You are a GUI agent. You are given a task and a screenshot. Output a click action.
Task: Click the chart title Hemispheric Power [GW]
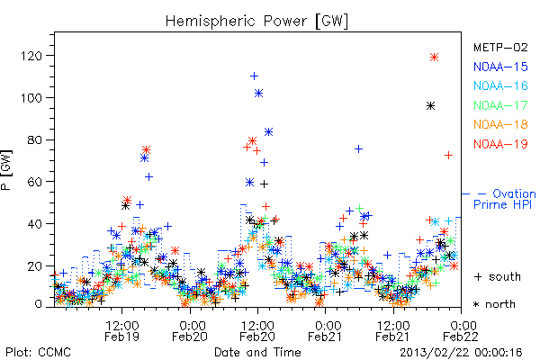click(x=256, y=22)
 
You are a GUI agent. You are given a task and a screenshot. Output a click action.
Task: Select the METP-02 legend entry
click(x=500, y=47)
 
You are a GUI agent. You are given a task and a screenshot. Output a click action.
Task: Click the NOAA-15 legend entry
click(x=500, y=67)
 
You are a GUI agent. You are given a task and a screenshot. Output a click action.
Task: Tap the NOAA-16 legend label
click(x=500, y=85)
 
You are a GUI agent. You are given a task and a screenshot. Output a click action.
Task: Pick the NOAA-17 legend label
click(x=500, y=105)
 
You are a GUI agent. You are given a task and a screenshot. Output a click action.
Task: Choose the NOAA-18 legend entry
click(x=500, y=124)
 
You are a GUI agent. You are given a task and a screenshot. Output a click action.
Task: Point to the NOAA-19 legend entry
click(x=500, y=144)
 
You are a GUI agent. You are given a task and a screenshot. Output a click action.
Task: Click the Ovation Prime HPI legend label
click(x=499, y=199)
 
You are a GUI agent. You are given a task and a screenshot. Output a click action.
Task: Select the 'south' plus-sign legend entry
click(x=498, y=276)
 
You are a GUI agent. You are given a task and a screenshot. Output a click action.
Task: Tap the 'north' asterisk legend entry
click(x=494, y=304)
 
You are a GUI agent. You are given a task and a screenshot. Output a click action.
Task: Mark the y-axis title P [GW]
click(x=6, y=170)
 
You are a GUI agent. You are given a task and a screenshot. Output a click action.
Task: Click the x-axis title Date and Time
click(x=257, y=352)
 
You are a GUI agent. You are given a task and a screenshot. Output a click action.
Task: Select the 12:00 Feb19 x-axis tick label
click(x=121, y=330)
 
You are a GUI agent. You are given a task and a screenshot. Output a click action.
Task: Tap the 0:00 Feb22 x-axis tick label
click(x=461, y=330)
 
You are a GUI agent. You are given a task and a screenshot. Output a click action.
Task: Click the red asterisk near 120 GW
click(x=435, y=58)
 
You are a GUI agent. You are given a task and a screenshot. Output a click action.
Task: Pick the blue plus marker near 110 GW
click(x=254, y=76)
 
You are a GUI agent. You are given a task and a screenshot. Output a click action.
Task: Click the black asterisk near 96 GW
click(x=430, y=106)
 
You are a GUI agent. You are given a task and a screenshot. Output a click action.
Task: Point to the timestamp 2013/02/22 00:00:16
click(x=461, y=353)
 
